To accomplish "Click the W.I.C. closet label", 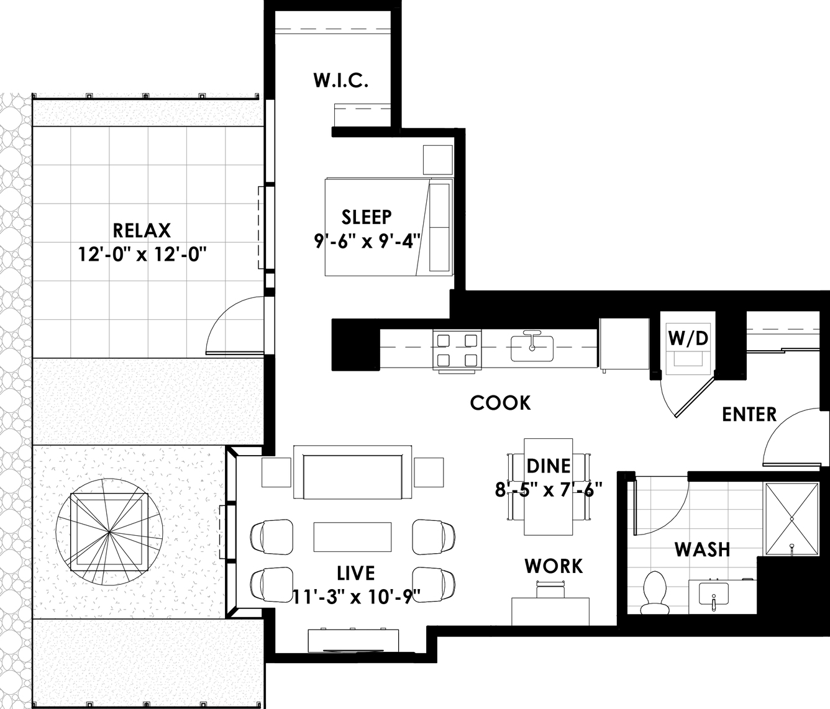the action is (341, 80).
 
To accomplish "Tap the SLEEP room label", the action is (367, 217).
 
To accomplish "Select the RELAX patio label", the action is (142, 231).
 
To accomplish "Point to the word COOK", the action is (500, 403).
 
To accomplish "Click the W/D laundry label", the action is (688, 338).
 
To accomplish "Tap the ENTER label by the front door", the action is (749, 415).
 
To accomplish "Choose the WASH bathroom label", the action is (702, 549).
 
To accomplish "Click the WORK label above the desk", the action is (554, 566).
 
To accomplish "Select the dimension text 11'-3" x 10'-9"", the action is (356, 596).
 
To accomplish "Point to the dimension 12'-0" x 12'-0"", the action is (142, 255).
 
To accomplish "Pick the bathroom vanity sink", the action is (714, 595).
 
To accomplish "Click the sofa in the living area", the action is (352, 472).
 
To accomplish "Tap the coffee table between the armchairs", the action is (352, 537).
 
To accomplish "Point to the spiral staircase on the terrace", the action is (109, 532).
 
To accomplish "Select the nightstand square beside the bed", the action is (438, 160).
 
